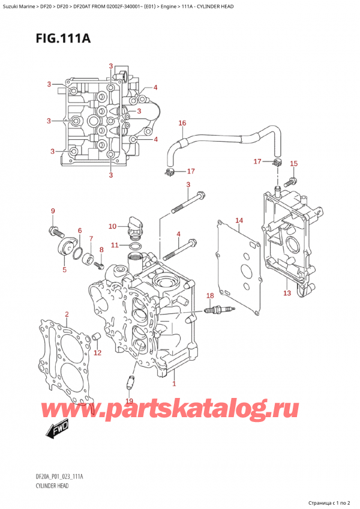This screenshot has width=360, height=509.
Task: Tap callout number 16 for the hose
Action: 182,123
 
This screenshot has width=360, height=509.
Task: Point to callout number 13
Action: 287,293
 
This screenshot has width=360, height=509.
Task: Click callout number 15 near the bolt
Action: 293,163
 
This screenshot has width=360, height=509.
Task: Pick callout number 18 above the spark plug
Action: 209,295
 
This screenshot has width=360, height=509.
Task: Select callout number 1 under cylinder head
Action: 174,384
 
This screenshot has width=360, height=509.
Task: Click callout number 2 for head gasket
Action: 67,314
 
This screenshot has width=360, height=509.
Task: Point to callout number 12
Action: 97,352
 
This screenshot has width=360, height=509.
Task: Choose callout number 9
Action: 52,211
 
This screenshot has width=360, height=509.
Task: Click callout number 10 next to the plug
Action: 112,226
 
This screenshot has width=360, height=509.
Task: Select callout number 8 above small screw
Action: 101,250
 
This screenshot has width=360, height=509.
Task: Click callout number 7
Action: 91,239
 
